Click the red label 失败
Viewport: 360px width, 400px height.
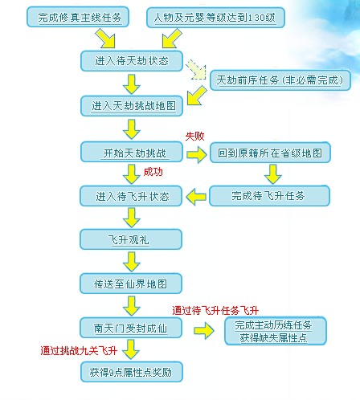point(195,136)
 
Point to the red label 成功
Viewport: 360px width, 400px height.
point(153,173)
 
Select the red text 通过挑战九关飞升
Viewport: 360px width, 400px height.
point(79,351)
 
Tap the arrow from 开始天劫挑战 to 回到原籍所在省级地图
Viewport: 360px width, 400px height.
point(196,153)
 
